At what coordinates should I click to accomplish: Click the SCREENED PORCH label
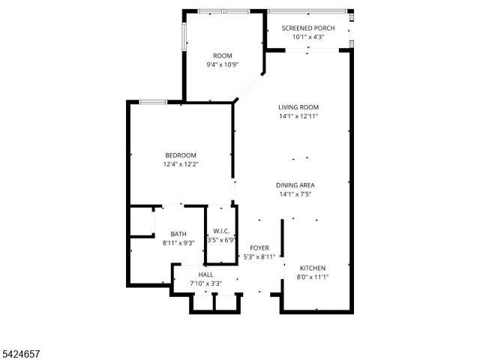click(x=308, y=28)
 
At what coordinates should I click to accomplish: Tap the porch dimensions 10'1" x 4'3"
click(x=308, y=37)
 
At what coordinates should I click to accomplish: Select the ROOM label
click(x=223, y=56)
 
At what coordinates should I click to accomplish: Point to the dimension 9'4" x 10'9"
click(x=223, y=65)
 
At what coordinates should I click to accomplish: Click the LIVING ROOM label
click(x=298, y=107)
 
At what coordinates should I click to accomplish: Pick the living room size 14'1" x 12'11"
click(x=298, y=116)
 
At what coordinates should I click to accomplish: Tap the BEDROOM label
click(x=180, y=155)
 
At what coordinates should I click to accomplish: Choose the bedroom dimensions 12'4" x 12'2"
click(x=180, y=164)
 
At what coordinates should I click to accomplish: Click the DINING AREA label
click(x=295, y=185)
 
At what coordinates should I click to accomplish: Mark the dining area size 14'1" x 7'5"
click(x=295, y=194)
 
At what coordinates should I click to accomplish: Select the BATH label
click(x=178, y=234)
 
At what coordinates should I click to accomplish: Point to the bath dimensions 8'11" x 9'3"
click(x=178, y=243)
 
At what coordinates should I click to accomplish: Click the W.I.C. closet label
click(x=220, y=231)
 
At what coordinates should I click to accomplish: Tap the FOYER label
click(x=259, y=248)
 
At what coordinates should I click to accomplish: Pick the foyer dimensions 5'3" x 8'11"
click(x=259, y=257)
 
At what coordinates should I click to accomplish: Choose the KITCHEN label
click(x=313, y=268)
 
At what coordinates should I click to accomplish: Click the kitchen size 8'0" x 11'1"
click(x=313, y=277)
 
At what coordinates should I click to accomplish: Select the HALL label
click(x=205, y=274)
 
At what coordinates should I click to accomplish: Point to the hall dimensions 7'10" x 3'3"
click(x=205, y=283)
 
